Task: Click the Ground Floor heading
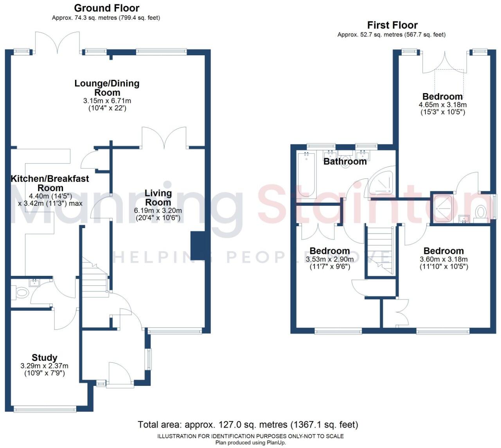click(106, 8)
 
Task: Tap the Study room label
click(44, 357)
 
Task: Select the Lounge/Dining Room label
click(107, 88)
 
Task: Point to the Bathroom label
click(345, 161)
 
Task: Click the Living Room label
click(158, 198)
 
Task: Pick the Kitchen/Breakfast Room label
click(50, 183)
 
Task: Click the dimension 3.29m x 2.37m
click(44, 366)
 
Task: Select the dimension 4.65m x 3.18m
click(442, 105)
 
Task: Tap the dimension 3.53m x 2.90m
click(329, 259)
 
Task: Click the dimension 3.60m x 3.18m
click(444, 259)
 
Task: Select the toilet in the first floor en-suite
click(480, 212)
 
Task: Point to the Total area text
click(248, 425)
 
